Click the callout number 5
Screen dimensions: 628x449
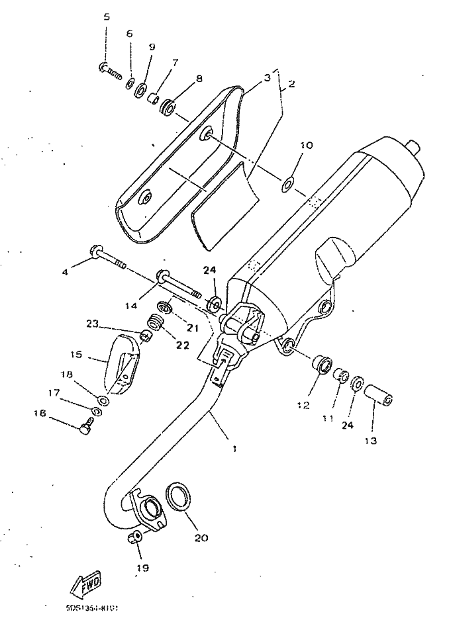pyautogui.click(x=106, y=17)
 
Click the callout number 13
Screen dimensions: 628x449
pyautogui.click(x=370, y=440)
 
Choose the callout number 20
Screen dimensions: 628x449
pyautogui.click(x=201, y=537)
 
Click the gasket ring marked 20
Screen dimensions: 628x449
pyautogui.click(x=178, y=496)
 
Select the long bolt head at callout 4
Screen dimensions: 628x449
pyautogui.click(x=93, y=251)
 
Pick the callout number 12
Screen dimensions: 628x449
pyautogui.click(x=303, y=405)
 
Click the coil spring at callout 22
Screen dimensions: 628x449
pyautogui.click(x=156, y=324)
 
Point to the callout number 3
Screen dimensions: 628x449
pyautogui.click(x=267, y=77)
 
